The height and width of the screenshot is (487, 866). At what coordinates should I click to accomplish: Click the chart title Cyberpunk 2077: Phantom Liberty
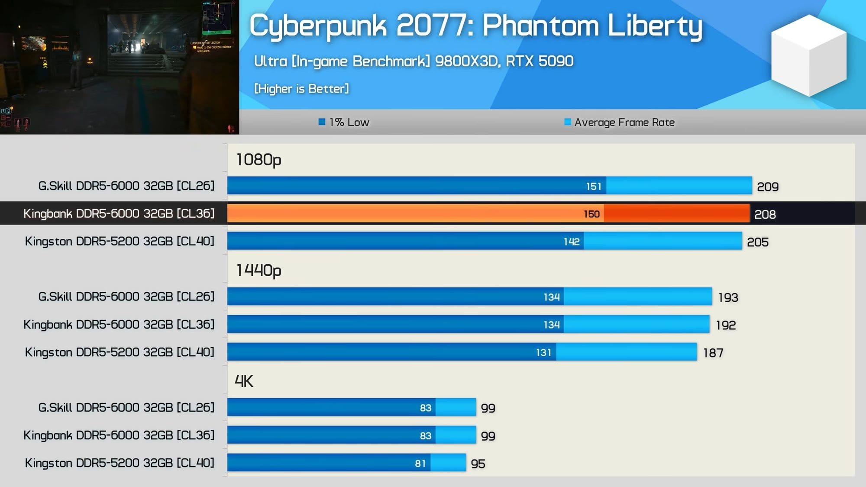click(475, 26)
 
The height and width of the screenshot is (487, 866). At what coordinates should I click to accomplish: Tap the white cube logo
click(808, 55)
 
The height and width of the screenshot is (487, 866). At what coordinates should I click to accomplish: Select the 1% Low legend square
click(322, 122)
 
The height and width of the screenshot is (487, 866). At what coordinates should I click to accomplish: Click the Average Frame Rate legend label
click(624, 123)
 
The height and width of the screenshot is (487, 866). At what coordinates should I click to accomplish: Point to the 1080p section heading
click(259, 160)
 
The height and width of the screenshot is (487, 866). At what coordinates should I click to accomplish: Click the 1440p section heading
click(259, 271)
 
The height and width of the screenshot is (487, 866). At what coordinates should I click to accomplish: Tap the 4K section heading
click(244, 381)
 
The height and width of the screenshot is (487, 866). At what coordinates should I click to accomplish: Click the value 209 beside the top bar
click(767, 187)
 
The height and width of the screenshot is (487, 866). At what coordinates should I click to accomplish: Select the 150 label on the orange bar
click(591, 214)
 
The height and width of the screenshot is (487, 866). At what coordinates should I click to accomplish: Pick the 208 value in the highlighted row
click(765, 214)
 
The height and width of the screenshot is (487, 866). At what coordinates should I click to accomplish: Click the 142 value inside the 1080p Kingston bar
click(572, 242)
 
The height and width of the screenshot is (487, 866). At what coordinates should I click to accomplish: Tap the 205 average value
click(757, 242)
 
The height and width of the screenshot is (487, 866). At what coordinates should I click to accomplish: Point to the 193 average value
click(728, 297)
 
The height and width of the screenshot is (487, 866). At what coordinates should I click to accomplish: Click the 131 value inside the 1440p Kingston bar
click(543, 352)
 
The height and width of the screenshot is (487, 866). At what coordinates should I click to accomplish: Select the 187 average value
click(713, 353)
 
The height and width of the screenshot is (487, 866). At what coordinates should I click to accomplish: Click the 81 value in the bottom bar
click(420, 464)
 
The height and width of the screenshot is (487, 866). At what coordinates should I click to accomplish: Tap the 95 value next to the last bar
click(478, 464)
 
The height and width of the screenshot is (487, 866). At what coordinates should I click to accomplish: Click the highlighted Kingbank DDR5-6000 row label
click(119, 213)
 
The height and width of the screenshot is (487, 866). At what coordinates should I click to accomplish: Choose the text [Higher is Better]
click(301, 89)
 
